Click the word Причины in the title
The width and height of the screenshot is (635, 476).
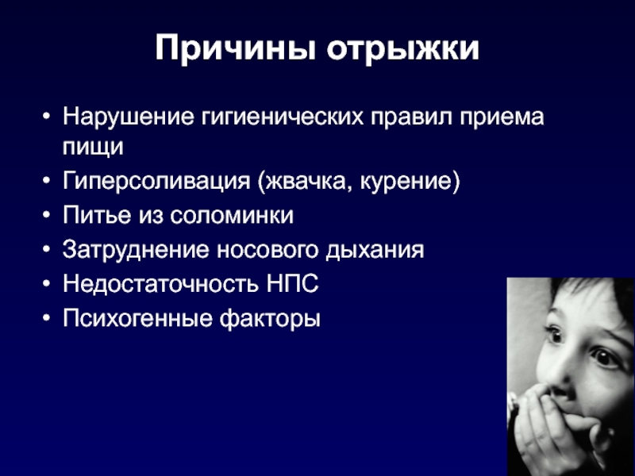click(x=235, y=49)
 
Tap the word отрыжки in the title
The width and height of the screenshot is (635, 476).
click(x=403, y=49)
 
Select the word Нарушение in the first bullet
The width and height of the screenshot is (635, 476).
click(x=128, y=117)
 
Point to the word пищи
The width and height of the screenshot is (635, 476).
click(x=93, y=147)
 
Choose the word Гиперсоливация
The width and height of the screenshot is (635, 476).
click(x=156, y=181)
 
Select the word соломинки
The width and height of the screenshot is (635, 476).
click(x=231, y=215)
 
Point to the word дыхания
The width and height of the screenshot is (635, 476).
click(x=375, y=250)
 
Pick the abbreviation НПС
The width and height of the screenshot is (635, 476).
click(x=292, y=283)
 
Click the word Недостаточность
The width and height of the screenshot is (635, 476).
click(x=160, y=284)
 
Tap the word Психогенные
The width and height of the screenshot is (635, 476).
click(x=137, y=318)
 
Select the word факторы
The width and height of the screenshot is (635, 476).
click(x=270, y=319)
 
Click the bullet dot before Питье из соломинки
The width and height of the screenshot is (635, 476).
click(x=47, y=215)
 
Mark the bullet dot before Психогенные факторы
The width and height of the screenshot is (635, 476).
click(x=47, y=318)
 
